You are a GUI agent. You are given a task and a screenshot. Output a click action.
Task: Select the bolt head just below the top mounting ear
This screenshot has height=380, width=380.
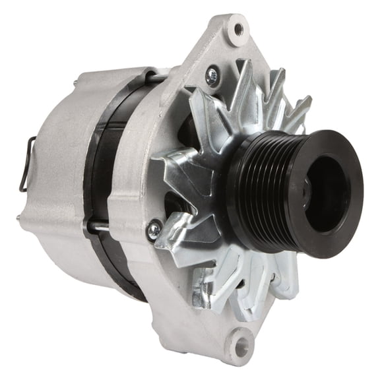coord(212,76)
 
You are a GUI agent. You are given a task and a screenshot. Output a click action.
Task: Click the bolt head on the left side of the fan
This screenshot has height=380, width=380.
coord(154,229)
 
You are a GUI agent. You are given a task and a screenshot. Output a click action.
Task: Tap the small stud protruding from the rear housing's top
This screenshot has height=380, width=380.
coord(76,82)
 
